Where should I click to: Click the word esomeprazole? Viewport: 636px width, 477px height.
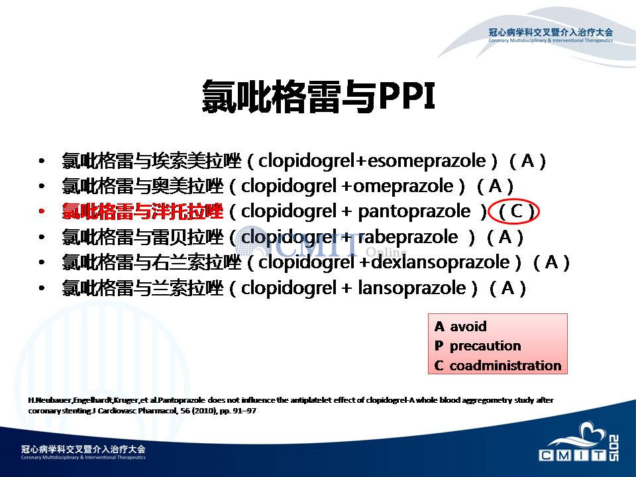pos(426,162)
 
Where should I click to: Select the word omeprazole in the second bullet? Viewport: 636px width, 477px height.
pos(403,187)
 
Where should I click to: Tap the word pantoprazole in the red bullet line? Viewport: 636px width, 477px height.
pos(414,212)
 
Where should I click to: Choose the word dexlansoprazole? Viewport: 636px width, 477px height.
pos(441,262)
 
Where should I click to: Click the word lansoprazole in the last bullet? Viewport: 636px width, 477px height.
pos(411,288)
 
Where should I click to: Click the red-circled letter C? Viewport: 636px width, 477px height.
pos(516,211)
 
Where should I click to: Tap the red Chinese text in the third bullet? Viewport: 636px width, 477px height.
pos(142,212)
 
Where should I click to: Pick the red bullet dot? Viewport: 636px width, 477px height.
pos(41,212)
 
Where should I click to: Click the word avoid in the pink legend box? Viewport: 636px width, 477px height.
pos(468,326)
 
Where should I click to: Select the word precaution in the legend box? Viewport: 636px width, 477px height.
pos(485,346)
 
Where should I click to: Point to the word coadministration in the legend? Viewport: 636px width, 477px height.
pos(505,366)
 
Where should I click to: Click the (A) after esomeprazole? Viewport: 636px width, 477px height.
pos(527,162)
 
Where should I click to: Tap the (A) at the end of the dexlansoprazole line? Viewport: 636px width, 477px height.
pos(551,262)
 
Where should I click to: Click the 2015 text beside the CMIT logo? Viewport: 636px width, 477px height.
pos(613,448)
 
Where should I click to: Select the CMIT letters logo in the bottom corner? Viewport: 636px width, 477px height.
pos(572,455)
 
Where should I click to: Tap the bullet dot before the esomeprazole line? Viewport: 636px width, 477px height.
pos(41,162)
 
